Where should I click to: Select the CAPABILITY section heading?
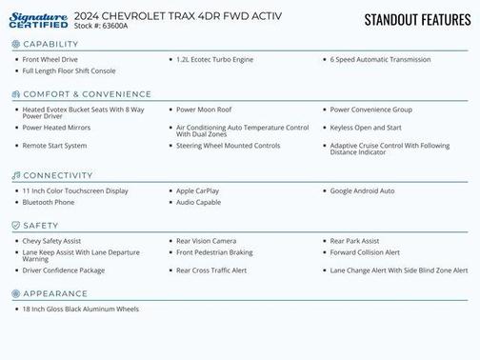(x=50, y=45)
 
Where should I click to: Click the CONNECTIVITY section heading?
(x=58, y=175)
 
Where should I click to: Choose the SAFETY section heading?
(x=41, y=226)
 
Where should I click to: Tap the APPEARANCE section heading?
(x=55, y=293)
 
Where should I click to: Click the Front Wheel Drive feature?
(x=50, y=59)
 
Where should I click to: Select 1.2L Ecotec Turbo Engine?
(x=214, y=59)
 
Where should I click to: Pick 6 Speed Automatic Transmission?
(x=380, y=59)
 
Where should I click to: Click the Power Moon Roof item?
(x=204, y=110)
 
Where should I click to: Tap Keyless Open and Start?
(x=366, y=127)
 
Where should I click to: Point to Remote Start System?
(x=54, y=145)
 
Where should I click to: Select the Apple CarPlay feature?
(x=197, y=190)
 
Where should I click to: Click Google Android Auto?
(x=362, y=190)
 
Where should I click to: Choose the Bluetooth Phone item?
(x=49, y=202)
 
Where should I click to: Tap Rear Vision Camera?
(x=206, y=241)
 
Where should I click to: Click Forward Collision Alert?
(x=365, y=252)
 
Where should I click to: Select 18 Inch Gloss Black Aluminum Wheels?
(x=81, y=309)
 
